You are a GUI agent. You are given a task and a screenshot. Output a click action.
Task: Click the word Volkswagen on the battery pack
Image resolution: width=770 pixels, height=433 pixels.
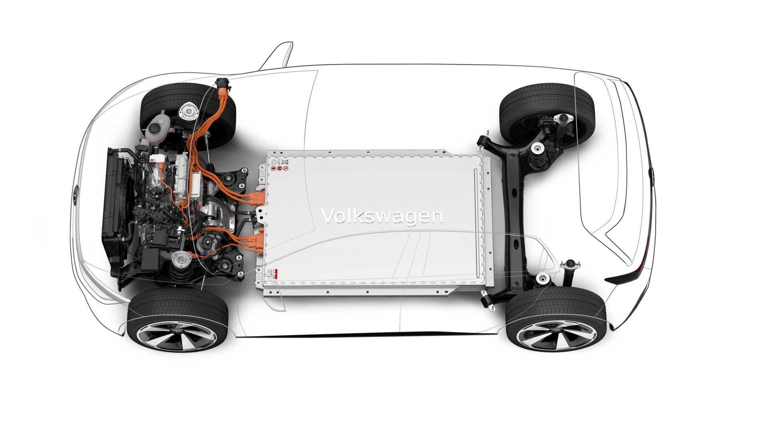pyautogui.click(x=382, y=216)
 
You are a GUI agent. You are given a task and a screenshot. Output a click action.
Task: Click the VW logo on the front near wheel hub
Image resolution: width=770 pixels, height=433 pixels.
pyautogui.click(x=177, y=330)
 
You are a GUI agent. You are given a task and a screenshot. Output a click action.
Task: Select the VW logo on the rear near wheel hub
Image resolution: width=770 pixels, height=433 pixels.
pyautogui.click(x=556, y=330)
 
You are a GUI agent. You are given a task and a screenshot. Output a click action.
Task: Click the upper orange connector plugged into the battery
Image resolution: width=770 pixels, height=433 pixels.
pyautogui.click(x=257, y=198)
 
